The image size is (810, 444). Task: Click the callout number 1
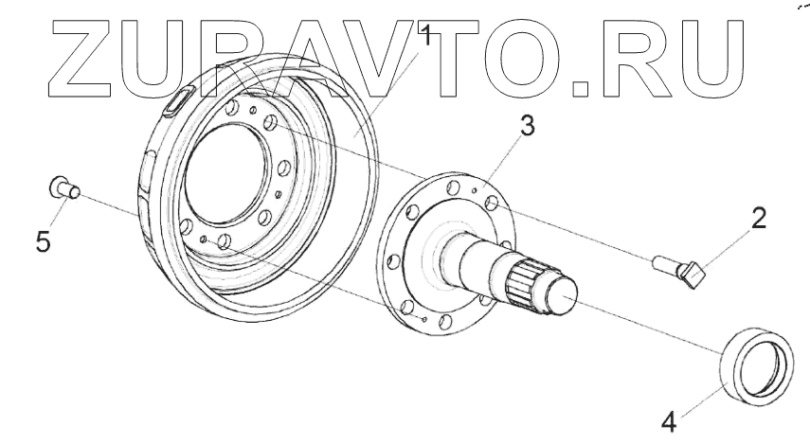[426, 37]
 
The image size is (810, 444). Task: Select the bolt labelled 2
[680, 271]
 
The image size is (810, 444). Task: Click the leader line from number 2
[725, 249]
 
